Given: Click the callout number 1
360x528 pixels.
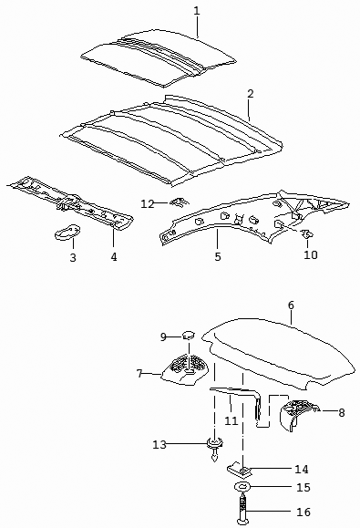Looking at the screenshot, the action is pos(197,11).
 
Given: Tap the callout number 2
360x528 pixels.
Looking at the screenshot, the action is pos(250,94).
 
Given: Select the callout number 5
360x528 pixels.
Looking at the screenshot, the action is pos(218,256).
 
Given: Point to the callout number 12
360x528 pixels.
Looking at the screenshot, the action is pos(147,204).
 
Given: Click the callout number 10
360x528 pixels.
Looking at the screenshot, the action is pos(310,254).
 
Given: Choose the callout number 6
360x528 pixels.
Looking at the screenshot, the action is pos(291,305).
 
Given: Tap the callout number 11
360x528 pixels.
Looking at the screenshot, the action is pos(231,420).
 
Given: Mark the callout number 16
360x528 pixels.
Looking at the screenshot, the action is pos(303,512).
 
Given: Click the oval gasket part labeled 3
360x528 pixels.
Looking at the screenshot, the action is pos(67,232).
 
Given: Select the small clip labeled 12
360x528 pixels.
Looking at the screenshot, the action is pos(180,202).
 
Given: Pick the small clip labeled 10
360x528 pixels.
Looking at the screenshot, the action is pos(306,233).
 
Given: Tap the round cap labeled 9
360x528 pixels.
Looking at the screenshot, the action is pos(189,335).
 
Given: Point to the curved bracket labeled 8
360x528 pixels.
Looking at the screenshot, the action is pos(298,413).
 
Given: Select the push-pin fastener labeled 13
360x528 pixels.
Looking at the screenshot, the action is pos(215,450).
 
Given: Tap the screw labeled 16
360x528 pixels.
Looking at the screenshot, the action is pos(243,509).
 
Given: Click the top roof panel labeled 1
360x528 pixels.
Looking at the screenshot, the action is pos(159,59).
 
